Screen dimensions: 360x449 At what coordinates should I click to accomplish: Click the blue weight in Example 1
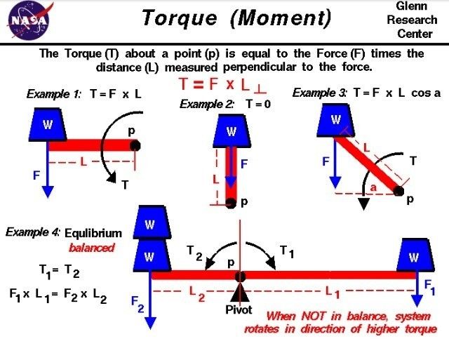tap(48, 125)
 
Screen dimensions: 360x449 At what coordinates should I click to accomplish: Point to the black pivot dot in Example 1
tap(135, 145)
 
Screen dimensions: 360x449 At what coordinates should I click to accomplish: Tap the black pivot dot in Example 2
tap(232, 204)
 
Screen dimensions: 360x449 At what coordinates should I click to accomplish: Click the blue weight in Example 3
tap(336, 121)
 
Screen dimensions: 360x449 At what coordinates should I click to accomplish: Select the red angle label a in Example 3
tap(375, 187)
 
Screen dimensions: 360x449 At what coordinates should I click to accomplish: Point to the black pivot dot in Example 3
tap(399, 190)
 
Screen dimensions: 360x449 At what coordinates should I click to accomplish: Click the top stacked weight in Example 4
tap(149, 225)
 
